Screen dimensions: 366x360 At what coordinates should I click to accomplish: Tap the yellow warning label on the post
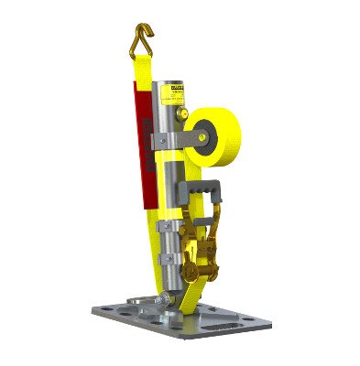coord(176,91)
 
